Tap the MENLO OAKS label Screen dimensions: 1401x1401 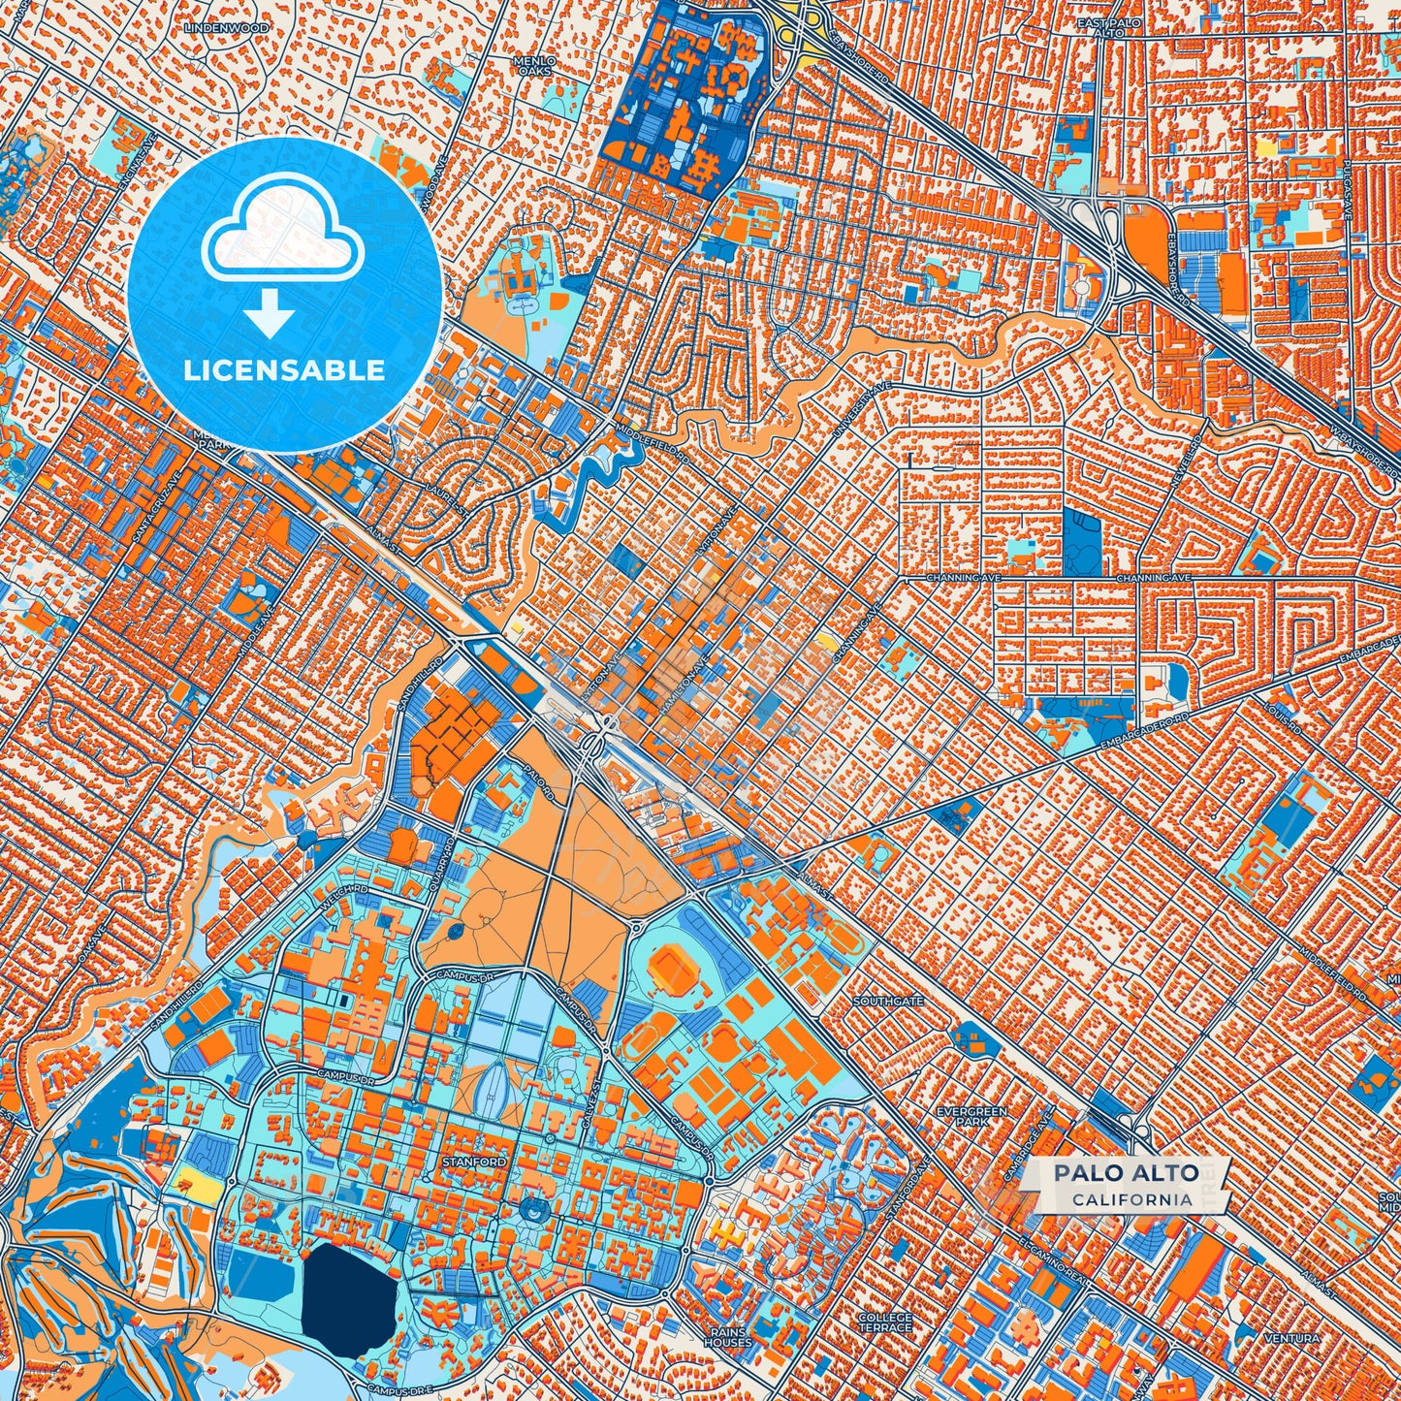tap(534, 65)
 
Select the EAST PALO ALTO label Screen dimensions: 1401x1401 tap(1111, 26)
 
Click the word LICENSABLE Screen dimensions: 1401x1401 tap(284, 370)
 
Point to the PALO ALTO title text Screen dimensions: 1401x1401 tap(1126, 1173)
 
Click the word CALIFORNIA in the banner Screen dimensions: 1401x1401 tap(1131, 1199)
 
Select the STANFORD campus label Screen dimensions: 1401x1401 tap(473, 1162)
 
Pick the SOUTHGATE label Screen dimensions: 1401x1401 tap(888, 1001)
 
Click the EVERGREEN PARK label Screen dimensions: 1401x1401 tap(971, 1116)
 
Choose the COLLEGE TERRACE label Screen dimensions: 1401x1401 tap(885, 1323)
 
